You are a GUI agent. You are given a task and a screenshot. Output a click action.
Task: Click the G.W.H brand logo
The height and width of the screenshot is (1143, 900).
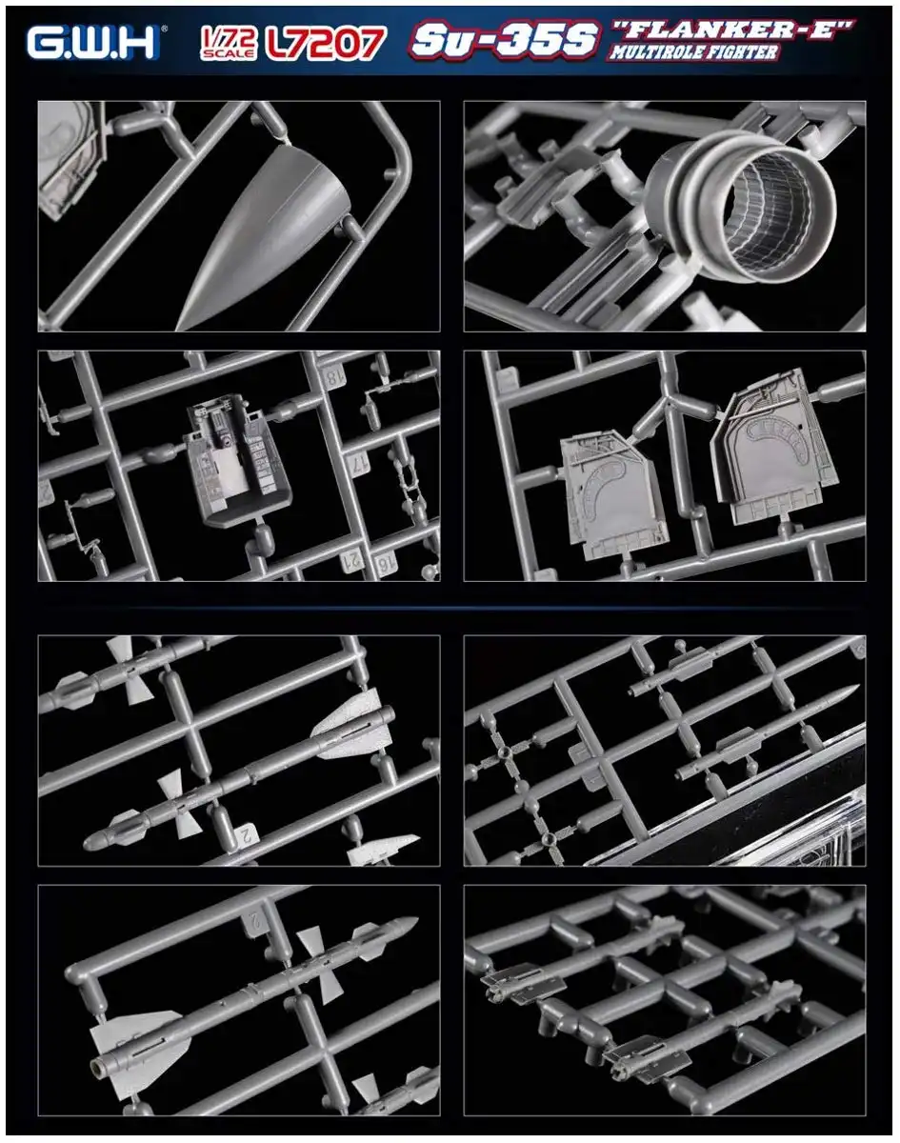(x=93, y=42)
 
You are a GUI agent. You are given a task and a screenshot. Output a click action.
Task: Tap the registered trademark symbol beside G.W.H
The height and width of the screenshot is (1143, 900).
(x=164, y=29)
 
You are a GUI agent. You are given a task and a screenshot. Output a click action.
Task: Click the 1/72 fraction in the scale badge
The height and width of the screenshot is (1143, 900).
(x=229, y=37)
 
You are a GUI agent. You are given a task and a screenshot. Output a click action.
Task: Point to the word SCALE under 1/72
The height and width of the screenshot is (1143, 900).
(x=228, y=54)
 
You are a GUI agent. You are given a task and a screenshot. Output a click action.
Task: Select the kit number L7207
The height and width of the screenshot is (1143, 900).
(x=326, y=43)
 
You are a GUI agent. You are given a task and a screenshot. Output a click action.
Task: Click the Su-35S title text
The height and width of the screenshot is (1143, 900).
(x=504, y=39)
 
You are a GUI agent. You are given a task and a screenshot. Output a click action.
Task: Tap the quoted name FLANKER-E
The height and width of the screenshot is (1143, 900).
(x=732, y=30)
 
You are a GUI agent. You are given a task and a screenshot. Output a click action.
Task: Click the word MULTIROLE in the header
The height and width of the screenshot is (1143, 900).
(x=657, y=52)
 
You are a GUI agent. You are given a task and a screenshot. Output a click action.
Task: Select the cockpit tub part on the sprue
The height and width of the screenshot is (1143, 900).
(x=237, y=460)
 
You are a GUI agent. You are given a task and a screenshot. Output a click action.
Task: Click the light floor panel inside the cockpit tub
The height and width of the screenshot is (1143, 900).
(x=230, y=471)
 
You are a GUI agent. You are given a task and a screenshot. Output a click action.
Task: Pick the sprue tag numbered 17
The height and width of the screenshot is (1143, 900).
(x=361, y=465)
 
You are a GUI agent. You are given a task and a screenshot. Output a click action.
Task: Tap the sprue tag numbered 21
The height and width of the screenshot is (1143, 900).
(x=352, y=559)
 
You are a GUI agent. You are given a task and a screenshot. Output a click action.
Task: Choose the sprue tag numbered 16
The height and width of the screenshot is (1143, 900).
(x=383, y=565)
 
